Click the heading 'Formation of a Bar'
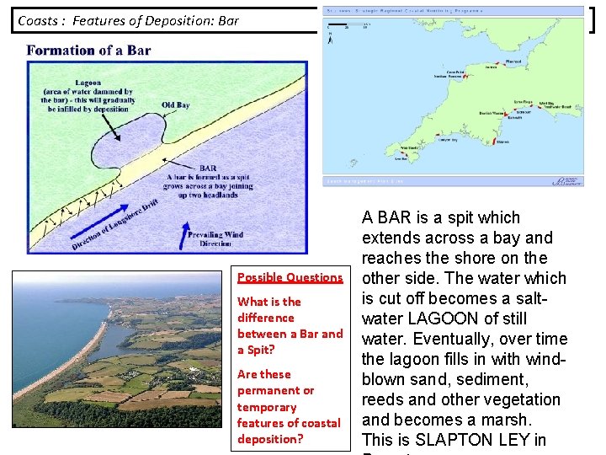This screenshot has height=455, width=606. tap(88, 50)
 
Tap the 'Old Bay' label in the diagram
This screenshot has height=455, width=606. tap(175, 105)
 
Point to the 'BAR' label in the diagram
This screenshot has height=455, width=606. tap(208, 168)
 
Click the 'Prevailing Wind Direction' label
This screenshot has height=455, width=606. tap(215, 238)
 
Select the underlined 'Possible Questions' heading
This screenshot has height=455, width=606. tap(290, 277)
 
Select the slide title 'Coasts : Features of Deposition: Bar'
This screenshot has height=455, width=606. tap(128, 20)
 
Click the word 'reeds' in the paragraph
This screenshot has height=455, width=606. tap(383, 399)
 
